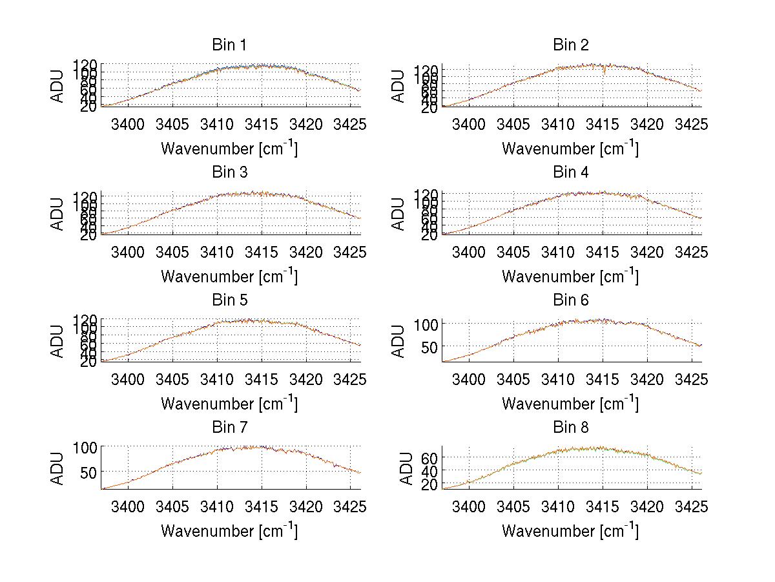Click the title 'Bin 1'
[229, 45]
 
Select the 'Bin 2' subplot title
[570, 45]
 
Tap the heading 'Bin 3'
[229, 172]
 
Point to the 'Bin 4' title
[570, 172]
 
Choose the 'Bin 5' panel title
[229, 300]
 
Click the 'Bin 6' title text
[570, 300]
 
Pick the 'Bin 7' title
[229, 428]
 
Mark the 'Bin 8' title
[570, 428]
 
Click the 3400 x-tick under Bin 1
[128, 124]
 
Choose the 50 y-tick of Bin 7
[90, 472]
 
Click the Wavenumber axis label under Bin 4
[570, 276]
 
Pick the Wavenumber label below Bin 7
[229, 530]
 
